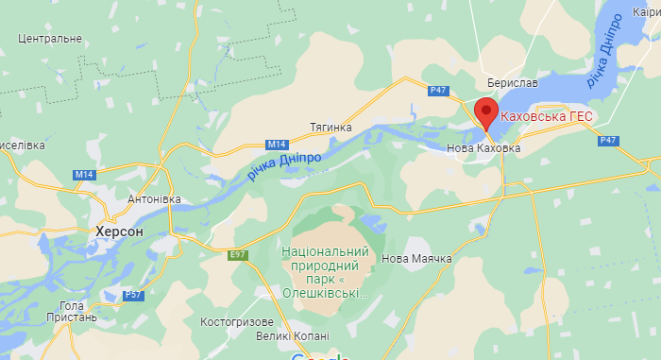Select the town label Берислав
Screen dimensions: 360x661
click(513, 83)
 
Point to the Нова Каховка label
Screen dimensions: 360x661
click(483, 148)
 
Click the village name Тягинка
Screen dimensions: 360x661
click(330, 127)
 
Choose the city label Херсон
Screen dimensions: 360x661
click(119, 231)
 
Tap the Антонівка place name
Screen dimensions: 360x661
click(153, 199)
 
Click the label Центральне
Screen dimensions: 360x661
click(50, 39)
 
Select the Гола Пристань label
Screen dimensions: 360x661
click(72, 312)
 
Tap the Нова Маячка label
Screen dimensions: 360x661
click(416, 259)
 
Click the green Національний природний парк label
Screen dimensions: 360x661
click(324, 272)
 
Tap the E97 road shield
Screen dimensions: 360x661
click(237, 254)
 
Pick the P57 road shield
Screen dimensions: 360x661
click(133, 295)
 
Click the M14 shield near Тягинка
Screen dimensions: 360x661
click(276, 144)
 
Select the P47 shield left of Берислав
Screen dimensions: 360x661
click(437, 90)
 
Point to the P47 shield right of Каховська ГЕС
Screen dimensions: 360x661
click(609, 140)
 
